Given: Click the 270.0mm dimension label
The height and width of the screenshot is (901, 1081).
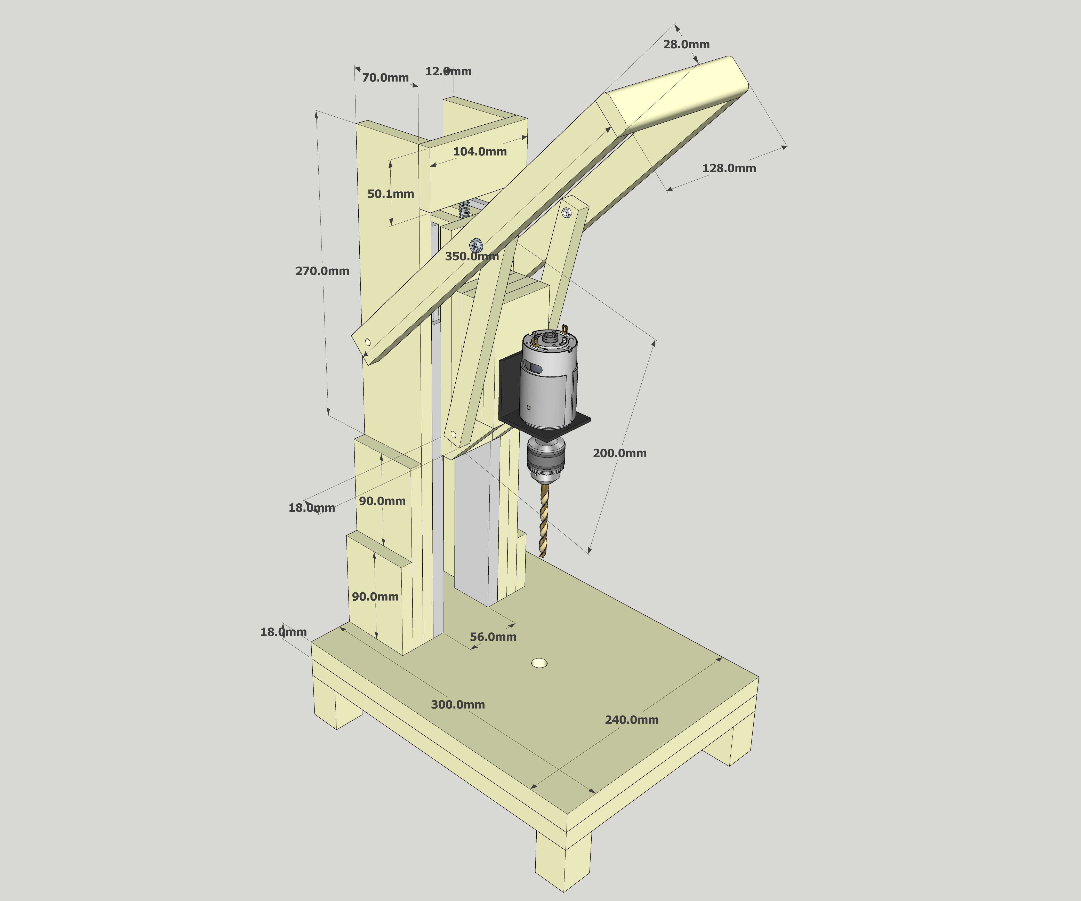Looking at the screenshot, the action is tap(322, 271).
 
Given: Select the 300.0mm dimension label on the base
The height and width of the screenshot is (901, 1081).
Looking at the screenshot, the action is tap(458, 704).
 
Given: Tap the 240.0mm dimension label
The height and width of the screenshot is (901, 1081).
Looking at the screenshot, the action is tap(632, 720).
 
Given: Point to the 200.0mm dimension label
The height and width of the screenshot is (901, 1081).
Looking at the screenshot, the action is tap(620, 453).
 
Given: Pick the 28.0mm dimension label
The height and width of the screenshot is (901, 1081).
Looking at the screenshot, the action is tap(686, 44).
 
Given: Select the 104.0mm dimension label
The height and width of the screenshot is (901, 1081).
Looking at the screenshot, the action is tap(480, 151).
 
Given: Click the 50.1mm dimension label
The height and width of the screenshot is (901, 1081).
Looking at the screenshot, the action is tap(391, 194).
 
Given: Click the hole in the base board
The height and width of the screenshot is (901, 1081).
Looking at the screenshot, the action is tap(539, 663).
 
